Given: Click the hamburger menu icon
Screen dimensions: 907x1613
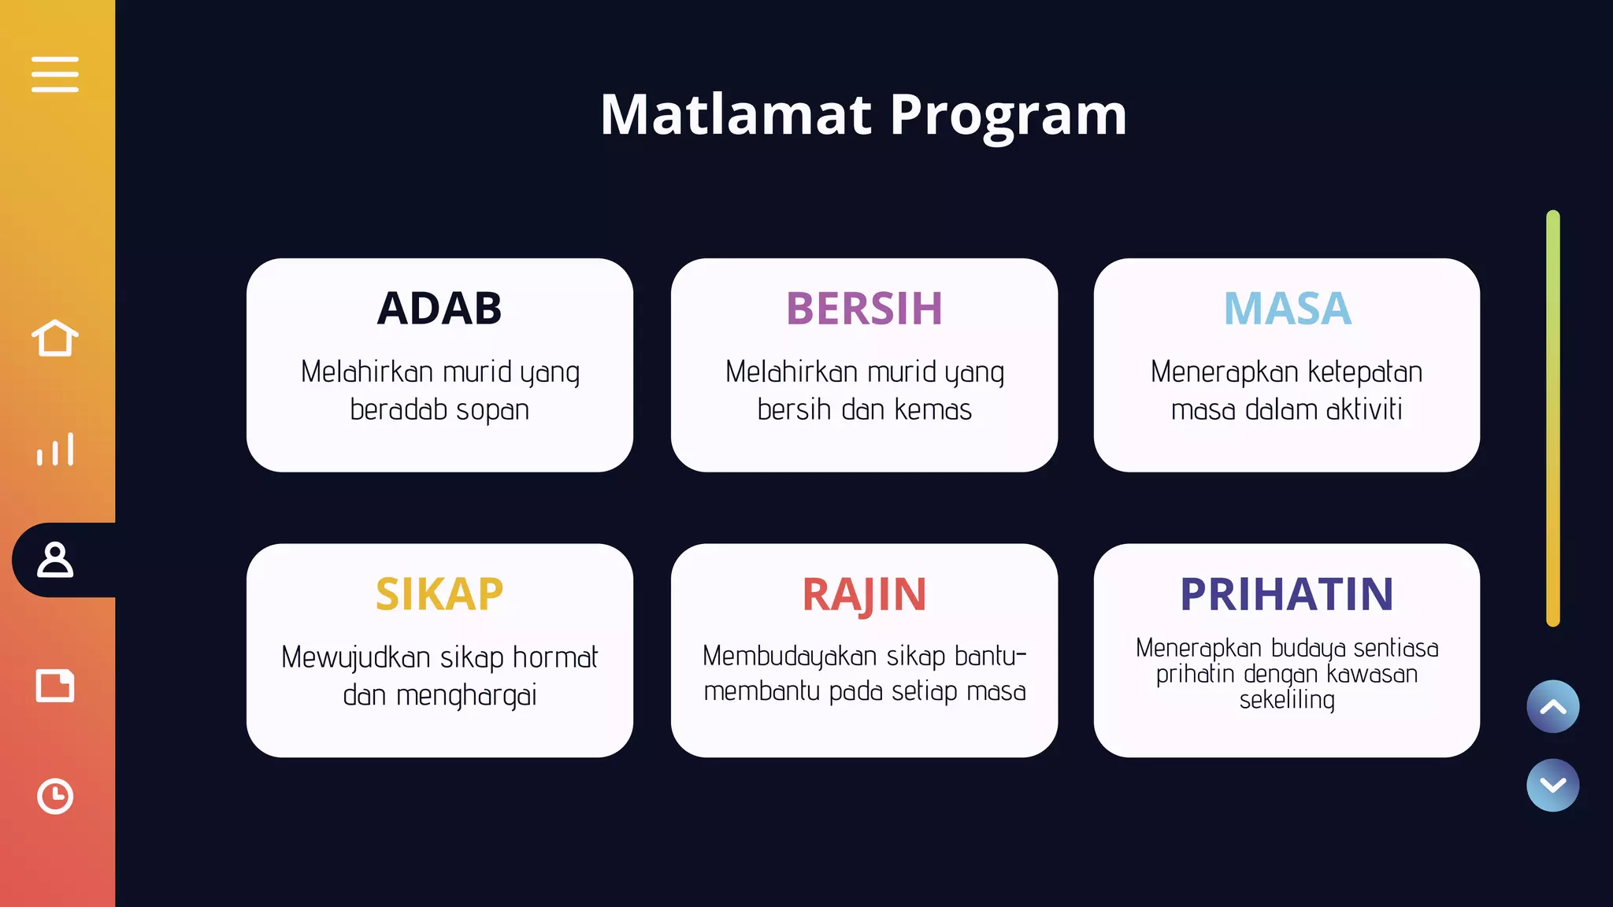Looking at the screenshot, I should tap(55, 74).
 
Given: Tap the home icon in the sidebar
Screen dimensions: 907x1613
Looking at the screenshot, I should tap(55, 338).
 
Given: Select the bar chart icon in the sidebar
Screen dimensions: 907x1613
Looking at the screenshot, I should tap(55, 450).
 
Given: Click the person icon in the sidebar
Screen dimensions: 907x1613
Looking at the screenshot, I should tap(55, 560).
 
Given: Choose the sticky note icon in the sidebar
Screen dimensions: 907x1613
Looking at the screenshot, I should tap(55, 685).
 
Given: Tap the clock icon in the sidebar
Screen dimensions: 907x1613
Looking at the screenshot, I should tap(55, 796).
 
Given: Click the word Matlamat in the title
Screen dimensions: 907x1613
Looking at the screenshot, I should tap(736, 115).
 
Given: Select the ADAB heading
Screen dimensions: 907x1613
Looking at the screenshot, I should tap(439, 308).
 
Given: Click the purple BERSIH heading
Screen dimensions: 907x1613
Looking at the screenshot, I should tap(864, 308).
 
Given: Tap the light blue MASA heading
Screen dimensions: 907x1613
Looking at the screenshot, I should tap(1287, 308).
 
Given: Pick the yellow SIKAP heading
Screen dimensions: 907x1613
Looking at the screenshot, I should tap(439, 594).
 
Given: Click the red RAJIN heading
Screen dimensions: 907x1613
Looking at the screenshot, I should tap(864, 594).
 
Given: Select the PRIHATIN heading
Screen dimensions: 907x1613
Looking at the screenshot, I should tap(1287, 594).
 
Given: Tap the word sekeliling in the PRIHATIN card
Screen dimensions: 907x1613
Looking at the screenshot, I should tap(1287, 699).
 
